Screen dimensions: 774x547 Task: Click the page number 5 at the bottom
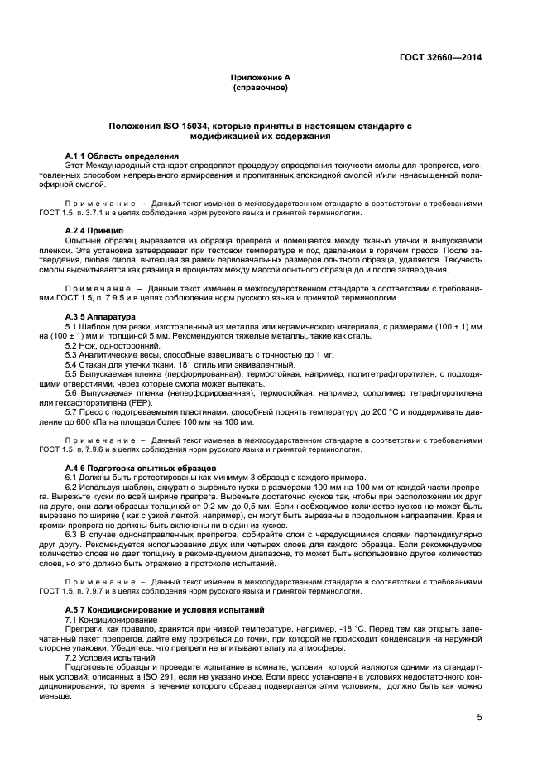[479, 718]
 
